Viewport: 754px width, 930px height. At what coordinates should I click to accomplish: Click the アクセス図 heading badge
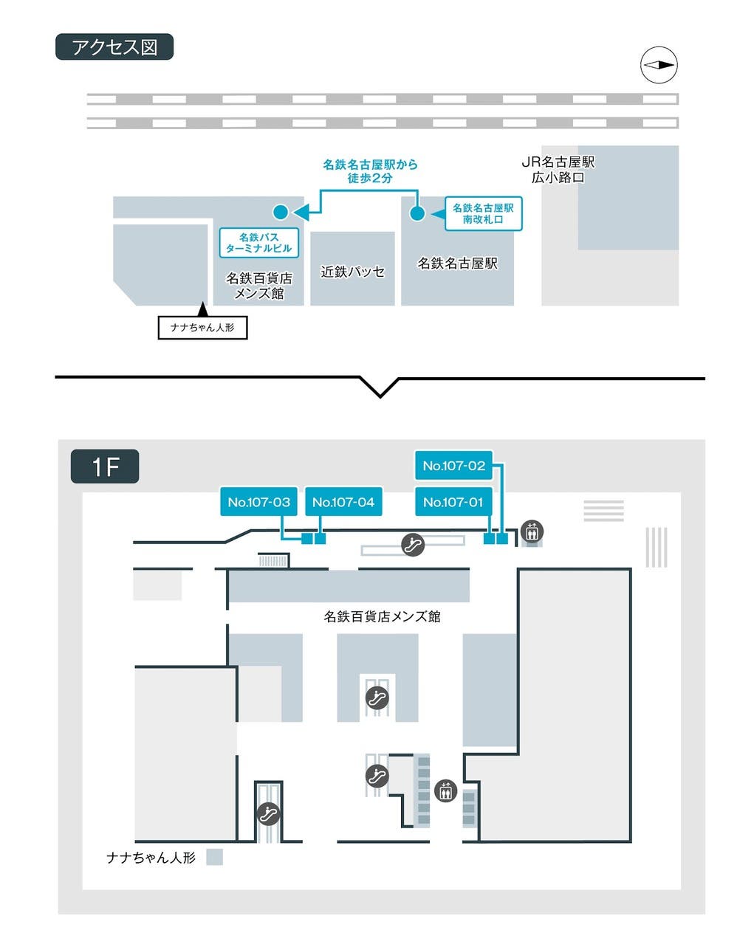coord(114,47)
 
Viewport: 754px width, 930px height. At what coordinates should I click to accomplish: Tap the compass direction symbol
coord(658,65)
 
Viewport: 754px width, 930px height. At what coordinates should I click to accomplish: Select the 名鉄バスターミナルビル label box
coord(258,243)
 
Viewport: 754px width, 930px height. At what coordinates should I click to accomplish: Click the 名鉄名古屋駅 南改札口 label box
coord(483,213)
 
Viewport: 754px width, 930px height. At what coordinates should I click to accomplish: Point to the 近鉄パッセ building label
coord(352,272)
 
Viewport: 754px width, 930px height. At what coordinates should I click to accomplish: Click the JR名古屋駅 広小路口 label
coord(558,169)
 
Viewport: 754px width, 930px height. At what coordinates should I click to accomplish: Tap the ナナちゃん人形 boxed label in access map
coord(202,328)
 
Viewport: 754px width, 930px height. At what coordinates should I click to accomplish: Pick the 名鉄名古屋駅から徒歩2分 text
coord(370,171)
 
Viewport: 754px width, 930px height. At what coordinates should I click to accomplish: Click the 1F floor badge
coord(105,466)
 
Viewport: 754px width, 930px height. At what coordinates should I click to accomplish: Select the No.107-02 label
coord(453,466)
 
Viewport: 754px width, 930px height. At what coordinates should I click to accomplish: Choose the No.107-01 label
coord(453,502)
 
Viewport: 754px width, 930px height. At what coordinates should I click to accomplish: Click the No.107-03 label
coord(258,502)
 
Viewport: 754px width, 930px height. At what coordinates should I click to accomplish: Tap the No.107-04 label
coord(343,502)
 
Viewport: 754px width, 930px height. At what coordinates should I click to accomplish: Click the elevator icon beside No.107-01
coord(532,531)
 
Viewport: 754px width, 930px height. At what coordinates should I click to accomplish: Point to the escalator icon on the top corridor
coord(413,545)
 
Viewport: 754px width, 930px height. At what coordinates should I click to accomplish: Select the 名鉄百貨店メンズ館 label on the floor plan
coord(382,616)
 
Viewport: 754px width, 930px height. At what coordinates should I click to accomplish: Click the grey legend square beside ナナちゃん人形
coord(214,857)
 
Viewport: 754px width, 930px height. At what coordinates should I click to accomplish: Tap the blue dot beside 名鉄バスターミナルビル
coord(281,212)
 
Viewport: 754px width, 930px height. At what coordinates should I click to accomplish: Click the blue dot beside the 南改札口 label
coord(417,213)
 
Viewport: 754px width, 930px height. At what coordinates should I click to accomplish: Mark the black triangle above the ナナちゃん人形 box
coord(202,310)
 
